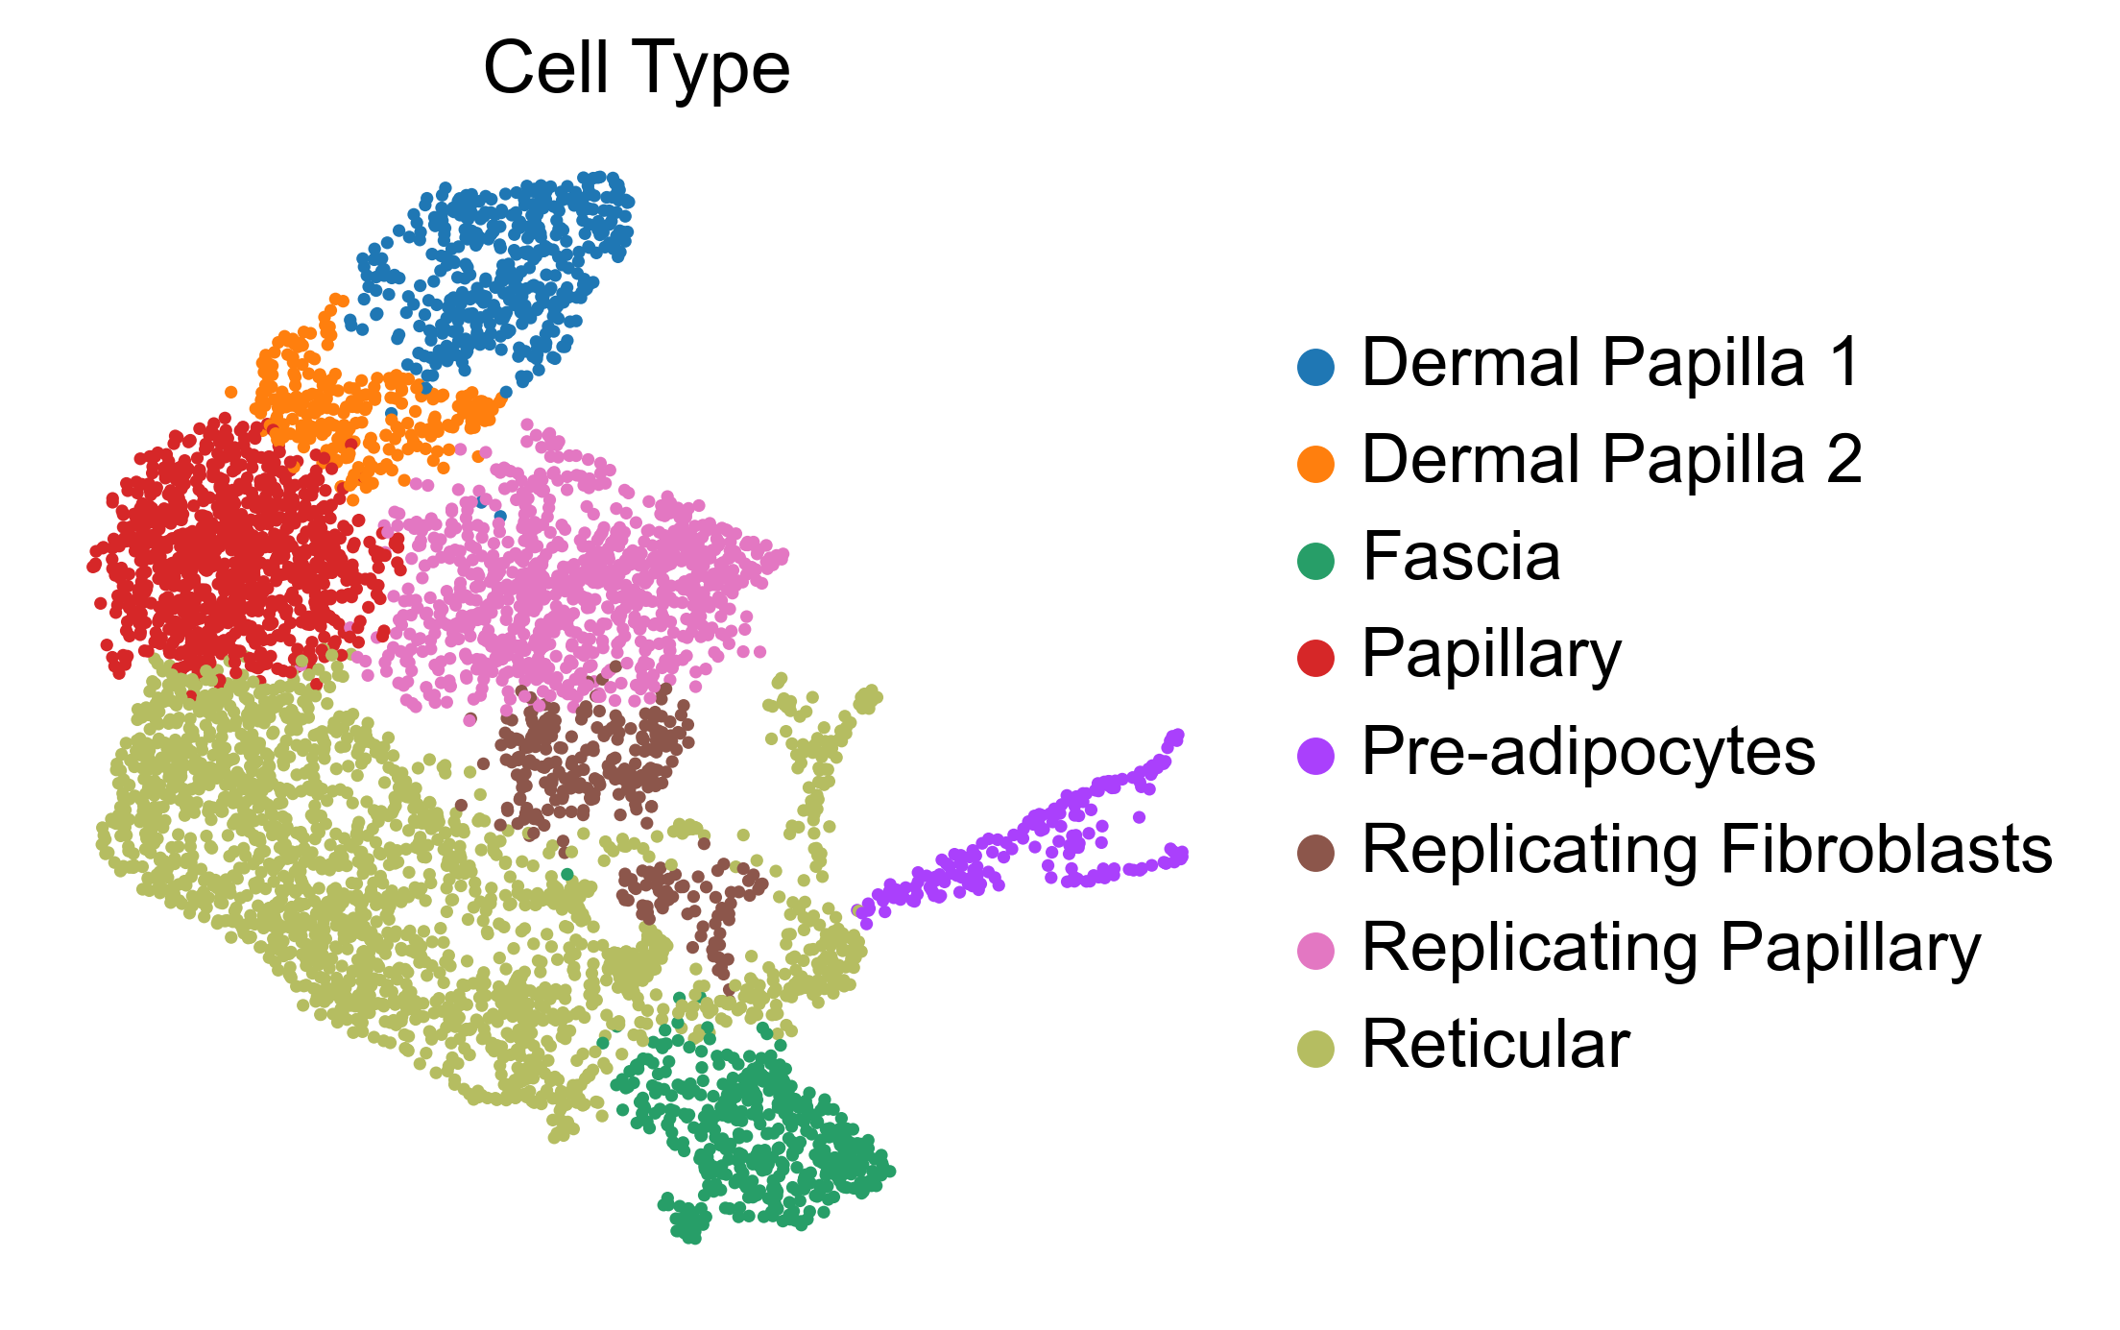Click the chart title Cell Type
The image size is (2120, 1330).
pyautogui.click(x=636, y=69)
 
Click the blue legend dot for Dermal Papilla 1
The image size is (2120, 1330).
pyautogui.click(x=1315, y=366)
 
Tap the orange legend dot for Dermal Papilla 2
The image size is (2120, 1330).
pyautogui.click(x=1315, y=463)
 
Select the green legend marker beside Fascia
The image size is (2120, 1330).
pyautogui.click(x=1315, y=561)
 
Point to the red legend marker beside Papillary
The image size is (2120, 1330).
pyautogui.click(x=1315, y=658)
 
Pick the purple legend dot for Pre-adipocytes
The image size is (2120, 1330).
pyautogui.click(x=1315, y=755)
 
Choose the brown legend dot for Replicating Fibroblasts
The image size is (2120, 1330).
pyautogui.click(x=1315, y=853)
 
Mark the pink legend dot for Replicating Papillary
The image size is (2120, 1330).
pyautogui.click(x=1315, y=951)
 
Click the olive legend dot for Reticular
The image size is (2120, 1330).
pyautogui.click(x=1315, y=1048)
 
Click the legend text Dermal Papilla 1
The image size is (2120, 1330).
pyautogui.click(x=1611, y=364)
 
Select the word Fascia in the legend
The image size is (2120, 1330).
pyautogui.click(x=1461, y=558)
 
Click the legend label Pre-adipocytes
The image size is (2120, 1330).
pyautogui.click(x=1588, y=753)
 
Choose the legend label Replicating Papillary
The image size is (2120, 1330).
pyautogui.click(x=1671, y=949)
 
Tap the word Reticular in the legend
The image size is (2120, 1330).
pyautogui.click(x=1496, y=1045)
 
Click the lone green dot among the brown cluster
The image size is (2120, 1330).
pyautogui.click(x=567, y=874)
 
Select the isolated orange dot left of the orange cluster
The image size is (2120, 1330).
pyautogui.click(x=230, y=392)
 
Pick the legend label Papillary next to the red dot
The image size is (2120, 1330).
pyautogui.click(x=1491, y=656)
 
